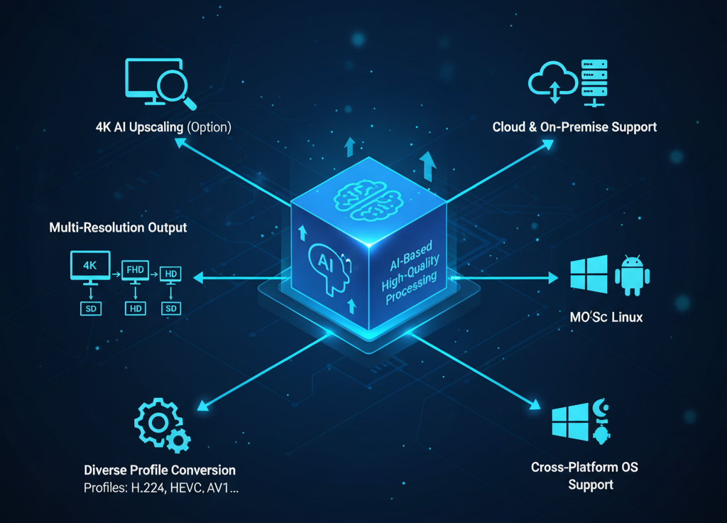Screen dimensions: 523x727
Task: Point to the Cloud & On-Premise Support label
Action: pos(574,127)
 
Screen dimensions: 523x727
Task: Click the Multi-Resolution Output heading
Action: pos(118,228)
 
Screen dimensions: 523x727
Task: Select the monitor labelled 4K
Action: pos(89,266)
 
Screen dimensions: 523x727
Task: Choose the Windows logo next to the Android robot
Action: pos(589,274)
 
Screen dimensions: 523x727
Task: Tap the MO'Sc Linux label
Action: pos(606,317)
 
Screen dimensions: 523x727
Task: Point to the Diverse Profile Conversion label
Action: pos(160,470)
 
